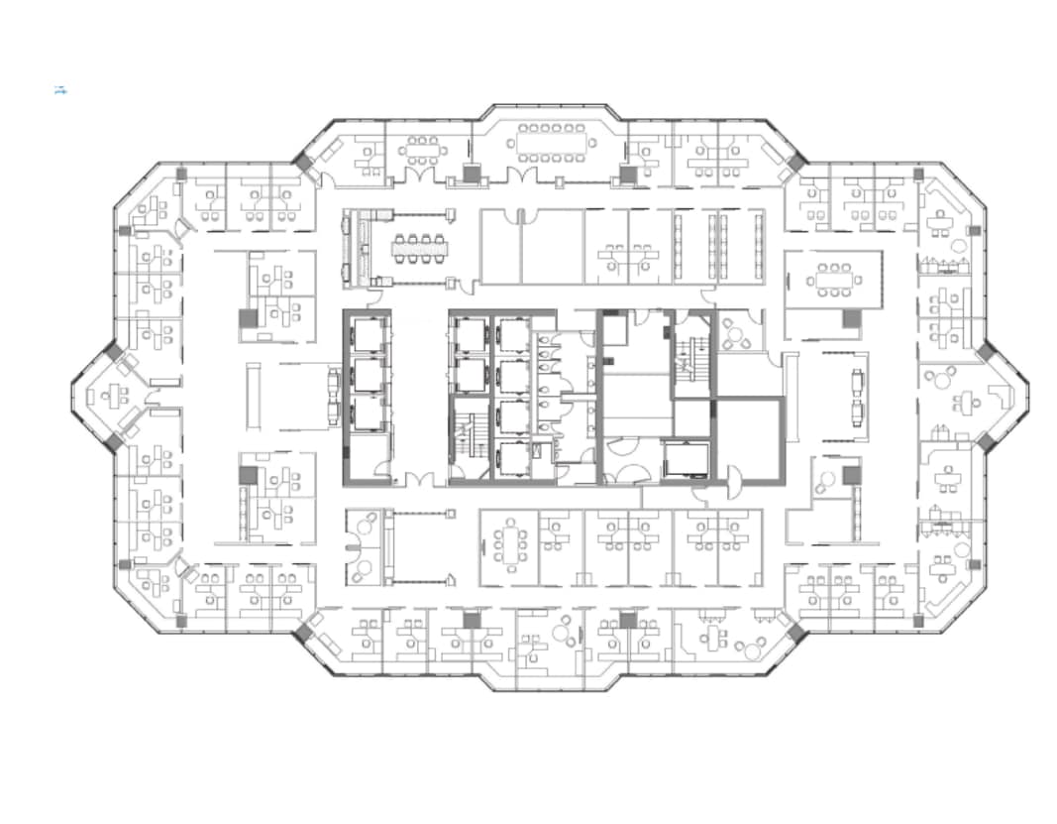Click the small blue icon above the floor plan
point(59,90)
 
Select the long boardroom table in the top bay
point(551,145)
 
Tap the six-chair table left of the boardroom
point(422,151)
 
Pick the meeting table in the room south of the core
point(511,545)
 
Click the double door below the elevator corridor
point(419,481)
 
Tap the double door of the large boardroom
point(521,176)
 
